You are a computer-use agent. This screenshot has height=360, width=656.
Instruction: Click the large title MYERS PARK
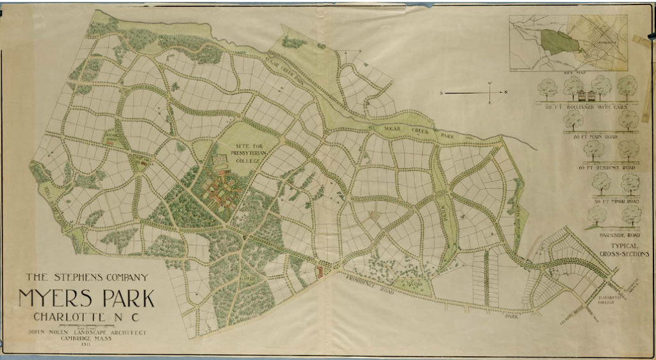click(86, 299)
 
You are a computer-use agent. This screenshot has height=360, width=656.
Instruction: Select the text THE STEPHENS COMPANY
click(86, 277)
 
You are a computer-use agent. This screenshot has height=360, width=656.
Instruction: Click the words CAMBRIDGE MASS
click(86, 340)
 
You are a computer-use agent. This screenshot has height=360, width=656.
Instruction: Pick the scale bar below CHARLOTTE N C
click(86, 325)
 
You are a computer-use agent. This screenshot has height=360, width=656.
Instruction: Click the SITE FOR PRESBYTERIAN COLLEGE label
click(247, 154)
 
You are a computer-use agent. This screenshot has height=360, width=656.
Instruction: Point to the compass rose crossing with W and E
click(490, 93)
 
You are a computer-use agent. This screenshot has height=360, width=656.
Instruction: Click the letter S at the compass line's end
click(441, 94)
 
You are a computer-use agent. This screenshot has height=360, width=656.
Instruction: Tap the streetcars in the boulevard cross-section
click(584, 96)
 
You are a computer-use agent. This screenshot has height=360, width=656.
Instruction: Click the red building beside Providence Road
click(318, 270)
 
